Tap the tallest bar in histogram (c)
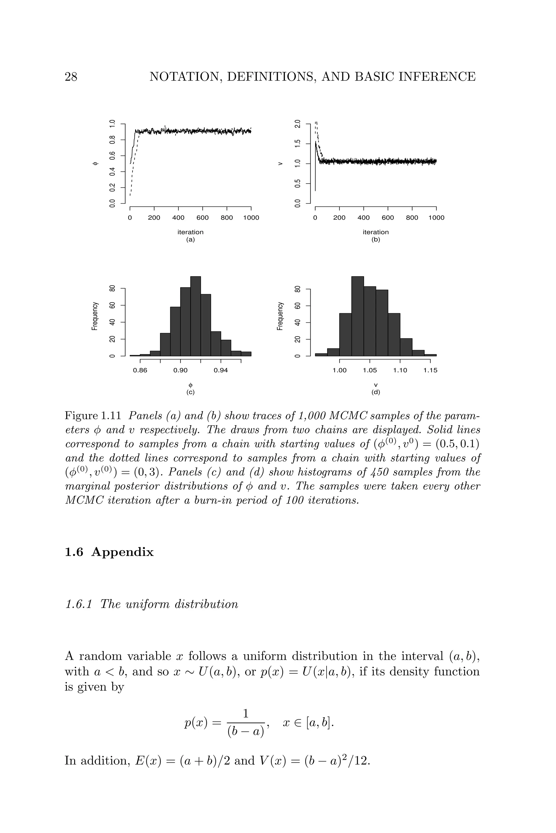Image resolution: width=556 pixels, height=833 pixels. (195, 316)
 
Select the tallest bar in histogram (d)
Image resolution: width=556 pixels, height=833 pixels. (358, 316)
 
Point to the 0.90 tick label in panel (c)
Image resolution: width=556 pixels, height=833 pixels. (181, 370)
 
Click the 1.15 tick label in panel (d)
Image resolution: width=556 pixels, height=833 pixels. (430, 370)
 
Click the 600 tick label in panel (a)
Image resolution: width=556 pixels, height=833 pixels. (203, 218)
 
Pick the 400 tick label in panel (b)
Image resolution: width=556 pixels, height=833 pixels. (364, 218)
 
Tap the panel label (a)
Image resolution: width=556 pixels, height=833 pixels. (190, 239)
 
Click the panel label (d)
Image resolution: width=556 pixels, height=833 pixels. (375, 392)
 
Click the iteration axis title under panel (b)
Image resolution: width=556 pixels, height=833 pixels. (375, 232)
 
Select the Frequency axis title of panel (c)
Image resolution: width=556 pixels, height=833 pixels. (95, 316)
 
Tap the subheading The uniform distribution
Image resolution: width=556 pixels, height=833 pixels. (169, 604)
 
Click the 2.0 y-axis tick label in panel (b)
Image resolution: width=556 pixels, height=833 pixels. (298, 124)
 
